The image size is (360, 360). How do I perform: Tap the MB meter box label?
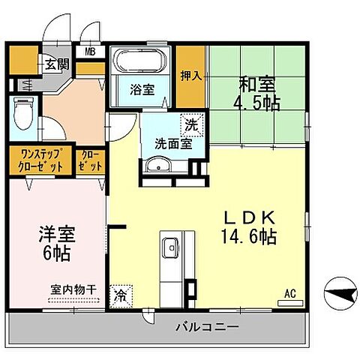coord(90,52)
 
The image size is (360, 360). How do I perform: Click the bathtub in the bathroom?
coord(142,61)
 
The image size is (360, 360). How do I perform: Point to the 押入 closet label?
coord(190,76)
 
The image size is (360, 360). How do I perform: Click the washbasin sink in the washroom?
coord(157,166)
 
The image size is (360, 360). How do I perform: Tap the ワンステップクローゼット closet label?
coord(40,160)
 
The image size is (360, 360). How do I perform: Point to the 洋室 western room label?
coord(57,232)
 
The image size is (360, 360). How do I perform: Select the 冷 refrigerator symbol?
coord(120,295)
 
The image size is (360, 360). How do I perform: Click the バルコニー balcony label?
coord(207,327)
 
